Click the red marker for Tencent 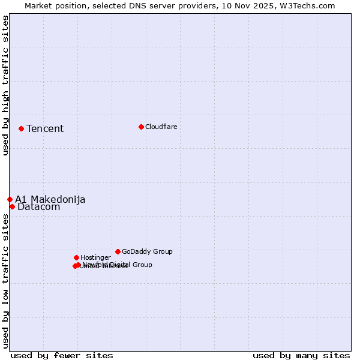(x=21, y=128)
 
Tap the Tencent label (x=45, y=128)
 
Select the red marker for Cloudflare (x=141, y=127)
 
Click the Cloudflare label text (x=161, y=127)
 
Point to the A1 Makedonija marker (x=10, y=199)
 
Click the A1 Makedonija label (x=50, y=199)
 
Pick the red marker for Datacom (x=12, y=206)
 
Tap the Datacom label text (x=39, y=207)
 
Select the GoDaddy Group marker (x=118, y=251)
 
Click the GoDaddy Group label (x=147, y=251)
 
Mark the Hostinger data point (x=76, y=257)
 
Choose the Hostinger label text (x=95, y=257)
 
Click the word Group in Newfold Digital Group (x=142, y=265)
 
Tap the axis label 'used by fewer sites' (x=62, y=355)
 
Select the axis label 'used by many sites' (x=301, y=355)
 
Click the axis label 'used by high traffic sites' (x=5, y=85)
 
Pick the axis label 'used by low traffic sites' (x=5, y=281)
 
